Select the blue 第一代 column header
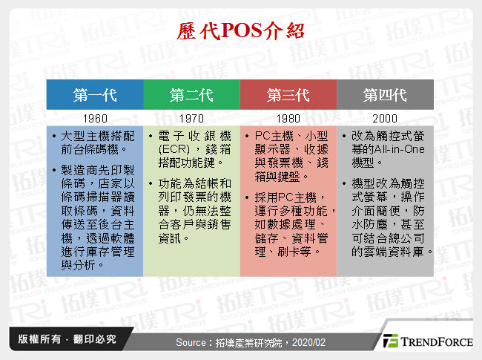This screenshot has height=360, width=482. pyautogui.click(x=95, y=95)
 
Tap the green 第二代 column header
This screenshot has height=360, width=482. pyautogui.click(x=191, y=95)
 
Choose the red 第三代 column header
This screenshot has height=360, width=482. pyautogui.click(x=288, y=95)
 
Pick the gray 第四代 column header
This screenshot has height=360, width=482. pyautogui.click(x=385, y=95)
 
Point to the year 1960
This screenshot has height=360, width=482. pyautogui.click(x=95, y=119)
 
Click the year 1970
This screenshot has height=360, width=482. pyautogui.click(x=191, y=119)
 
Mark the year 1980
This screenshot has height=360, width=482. pyautogui.click(x=288, y=119)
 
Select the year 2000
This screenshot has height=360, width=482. pyautogui.click(x=385, y=119)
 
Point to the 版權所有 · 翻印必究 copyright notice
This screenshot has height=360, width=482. pyautogui.click(x=63, y=340)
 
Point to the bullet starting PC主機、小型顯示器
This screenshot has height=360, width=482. pyautogui.click(x=291, y=156)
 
